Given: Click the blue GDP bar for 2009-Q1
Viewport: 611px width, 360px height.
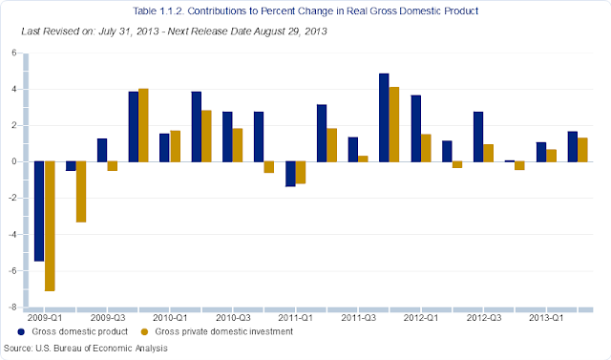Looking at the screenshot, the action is click(39, 211).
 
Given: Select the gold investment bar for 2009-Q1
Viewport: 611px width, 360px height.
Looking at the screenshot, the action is click(50, 226).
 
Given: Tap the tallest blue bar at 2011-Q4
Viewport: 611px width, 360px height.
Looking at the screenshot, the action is click(384, 117).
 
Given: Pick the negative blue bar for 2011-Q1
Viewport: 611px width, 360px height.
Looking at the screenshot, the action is click(290, 174).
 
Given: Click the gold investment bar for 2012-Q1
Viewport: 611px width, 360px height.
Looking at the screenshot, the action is click(426, 148).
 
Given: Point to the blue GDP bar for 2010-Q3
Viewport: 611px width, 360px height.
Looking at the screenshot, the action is click(227, 137).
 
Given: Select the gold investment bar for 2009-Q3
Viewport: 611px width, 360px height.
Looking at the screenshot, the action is click(113, 166).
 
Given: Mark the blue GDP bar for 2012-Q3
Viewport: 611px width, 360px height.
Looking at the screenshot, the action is click(478, 137).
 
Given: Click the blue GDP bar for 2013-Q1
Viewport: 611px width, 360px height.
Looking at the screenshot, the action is click(541, 152).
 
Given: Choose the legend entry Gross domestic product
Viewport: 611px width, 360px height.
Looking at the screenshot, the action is click(73, 331).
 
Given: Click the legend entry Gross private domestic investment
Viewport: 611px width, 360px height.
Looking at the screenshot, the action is click(217, 331).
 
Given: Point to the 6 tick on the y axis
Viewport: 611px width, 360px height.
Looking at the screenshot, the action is click(14, 53).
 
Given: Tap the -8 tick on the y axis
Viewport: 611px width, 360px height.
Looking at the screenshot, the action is click(12, 307).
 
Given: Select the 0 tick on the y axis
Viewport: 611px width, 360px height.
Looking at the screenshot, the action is click(14, 161).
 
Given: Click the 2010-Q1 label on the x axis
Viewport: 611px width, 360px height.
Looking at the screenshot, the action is click(170, 318).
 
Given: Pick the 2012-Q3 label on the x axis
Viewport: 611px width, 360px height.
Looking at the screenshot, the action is click(484, 318).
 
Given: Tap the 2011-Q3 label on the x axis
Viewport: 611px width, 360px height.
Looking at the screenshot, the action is click(359, 318).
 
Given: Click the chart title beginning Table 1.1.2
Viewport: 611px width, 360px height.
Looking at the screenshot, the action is click(305, 11).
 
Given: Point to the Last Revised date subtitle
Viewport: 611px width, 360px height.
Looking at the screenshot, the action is click(174, 32).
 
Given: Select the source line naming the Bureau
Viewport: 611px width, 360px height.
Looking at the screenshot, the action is click(86, 348).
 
